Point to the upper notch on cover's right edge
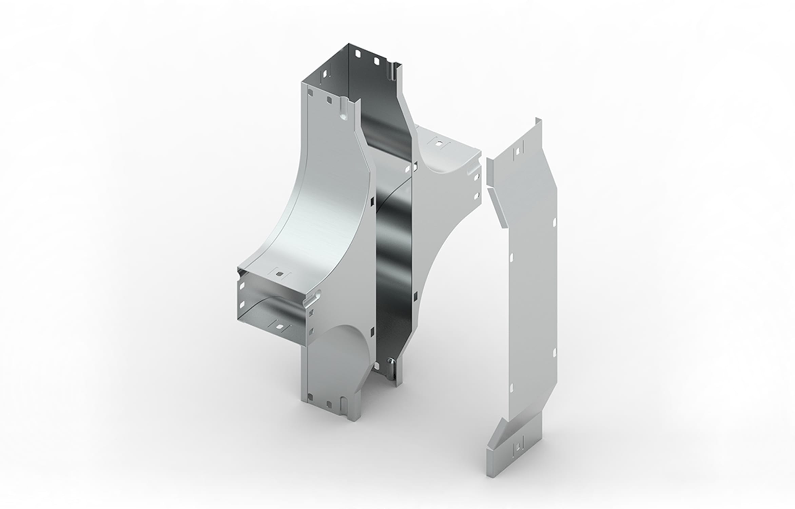554,223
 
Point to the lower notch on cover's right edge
555,353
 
